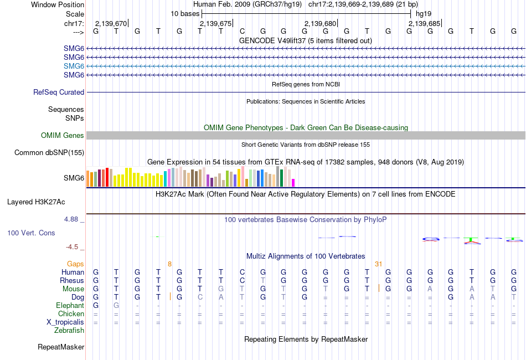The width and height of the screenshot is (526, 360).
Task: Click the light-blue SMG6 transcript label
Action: [x=74, y=66]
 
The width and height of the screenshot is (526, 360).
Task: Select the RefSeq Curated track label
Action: [x=59, y=92]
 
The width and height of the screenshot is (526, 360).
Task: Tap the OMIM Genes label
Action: [x=63, y=136]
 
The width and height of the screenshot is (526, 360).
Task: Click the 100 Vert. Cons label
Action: [x=31, y=233]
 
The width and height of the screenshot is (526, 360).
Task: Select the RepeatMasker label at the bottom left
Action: [x=61, y=347]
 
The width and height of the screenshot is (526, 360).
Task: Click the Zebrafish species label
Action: [x=69, y=331]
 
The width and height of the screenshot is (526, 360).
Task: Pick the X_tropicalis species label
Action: [x=65, y=322]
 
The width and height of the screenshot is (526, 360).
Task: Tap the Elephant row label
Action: [x=70, y=306]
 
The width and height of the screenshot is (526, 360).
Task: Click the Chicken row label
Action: [x=71, y=314]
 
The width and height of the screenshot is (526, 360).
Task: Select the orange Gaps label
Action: [x=75, y=264]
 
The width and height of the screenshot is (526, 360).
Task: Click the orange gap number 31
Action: [x=379, y=264]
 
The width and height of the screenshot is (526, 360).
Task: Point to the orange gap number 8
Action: [x=170, y=264]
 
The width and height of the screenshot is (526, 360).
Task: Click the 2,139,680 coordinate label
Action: [x=321, y=23]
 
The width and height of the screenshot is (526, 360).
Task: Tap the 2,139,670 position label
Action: [x=111, y=23]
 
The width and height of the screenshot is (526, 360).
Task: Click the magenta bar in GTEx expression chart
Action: [x=293, y=182]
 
